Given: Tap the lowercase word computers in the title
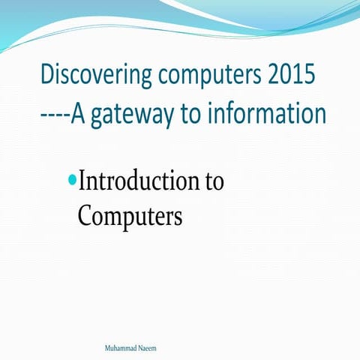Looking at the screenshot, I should [x=211, y=77].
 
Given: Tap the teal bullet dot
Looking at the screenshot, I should [x=72, y=180].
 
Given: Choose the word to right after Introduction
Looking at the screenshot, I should [x=213, y=181].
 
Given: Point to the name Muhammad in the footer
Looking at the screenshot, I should [x=123, y=349].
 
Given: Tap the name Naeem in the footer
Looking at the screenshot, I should [x=149, y=349].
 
